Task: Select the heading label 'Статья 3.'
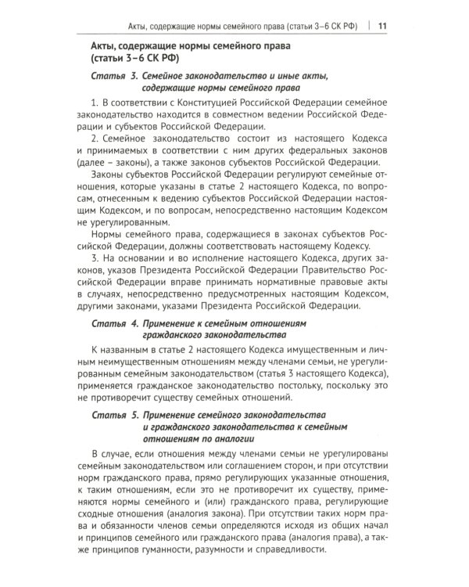point(114,76)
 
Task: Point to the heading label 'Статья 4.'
point(114,322)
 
